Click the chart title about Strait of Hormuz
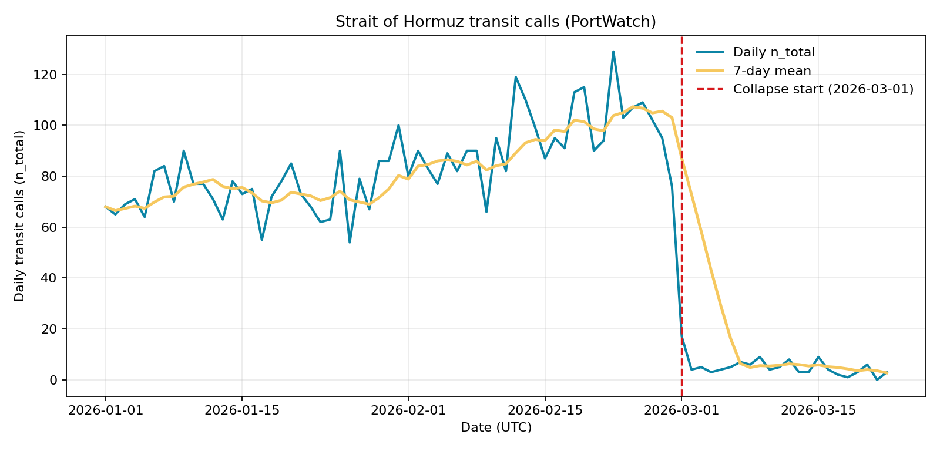click(x=495, y=22)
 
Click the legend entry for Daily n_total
click(x=774, y=52)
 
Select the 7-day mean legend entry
click(x=772, y=71)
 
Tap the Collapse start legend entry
click(x=823, y=89)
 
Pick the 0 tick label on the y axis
click(x=53, y=380)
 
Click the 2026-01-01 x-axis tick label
click(x=106, y=410)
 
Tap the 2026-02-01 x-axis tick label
click(x=408, y=410)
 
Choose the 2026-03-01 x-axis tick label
click(x=681, y=410)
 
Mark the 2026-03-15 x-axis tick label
click(x=818, y=410)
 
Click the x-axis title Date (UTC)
click(x=496, y=428)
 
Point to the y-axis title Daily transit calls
click(x=20, y=216)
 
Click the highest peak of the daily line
click(x=613, y=52)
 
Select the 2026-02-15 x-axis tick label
click(x=545, y=410)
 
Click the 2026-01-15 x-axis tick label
click(x=242, y=410)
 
